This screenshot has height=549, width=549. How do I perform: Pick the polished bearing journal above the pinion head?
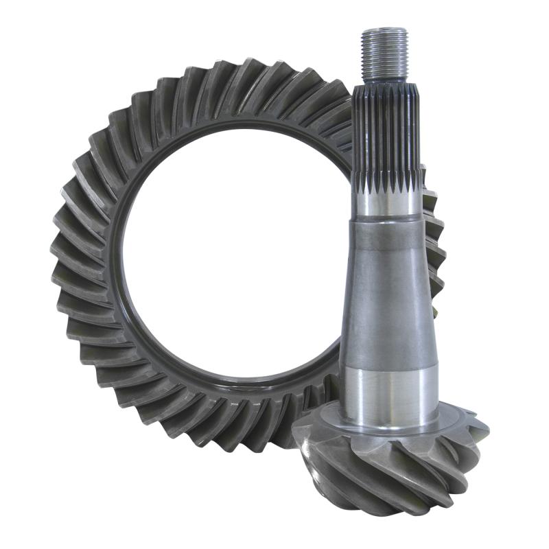(x=389, y=391)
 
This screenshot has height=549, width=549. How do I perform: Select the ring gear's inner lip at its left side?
(x=121, y=261)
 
